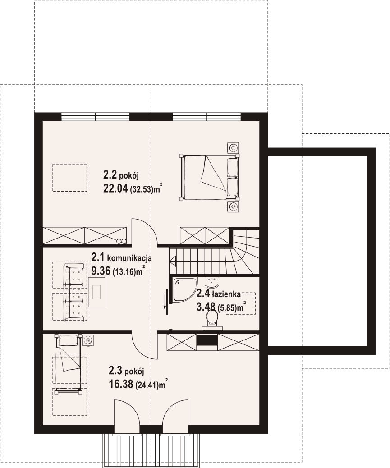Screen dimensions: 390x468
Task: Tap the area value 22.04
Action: pos(115,188)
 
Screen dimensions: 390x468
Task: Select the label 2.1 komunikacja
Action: pos(121,257)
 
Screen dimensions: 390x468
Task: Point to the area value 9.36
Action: pos(101,271)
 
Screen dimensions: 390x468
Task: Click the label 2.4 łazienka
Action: pos(218,294)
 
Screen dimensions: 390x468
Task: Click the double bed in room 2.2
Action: pos(209,177)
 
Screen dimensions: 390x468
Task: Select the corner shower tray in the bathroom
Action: pos(184,290)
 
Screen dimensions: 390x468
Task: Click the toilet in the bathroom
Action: pos(212,319)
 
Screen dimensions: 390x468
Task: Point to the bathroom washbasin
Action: pos(212,282)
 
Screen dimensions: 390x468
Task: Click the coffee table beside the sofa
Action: pos(96,292)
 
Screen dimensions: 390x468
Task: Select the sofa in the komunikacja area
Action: pos(73,293)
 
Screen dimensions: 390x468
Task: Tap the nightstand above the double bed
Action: pos(233,147)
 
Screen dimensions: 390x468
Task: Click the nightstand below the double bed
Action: pos(233,206)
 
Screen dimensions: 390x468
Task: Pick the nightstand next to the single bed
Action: pos(88,340)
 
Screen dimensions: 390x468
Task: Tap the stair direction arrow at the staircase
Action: pos(173,261)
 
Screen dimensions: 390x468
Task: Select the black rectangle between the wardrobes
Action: pos(207,342)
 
